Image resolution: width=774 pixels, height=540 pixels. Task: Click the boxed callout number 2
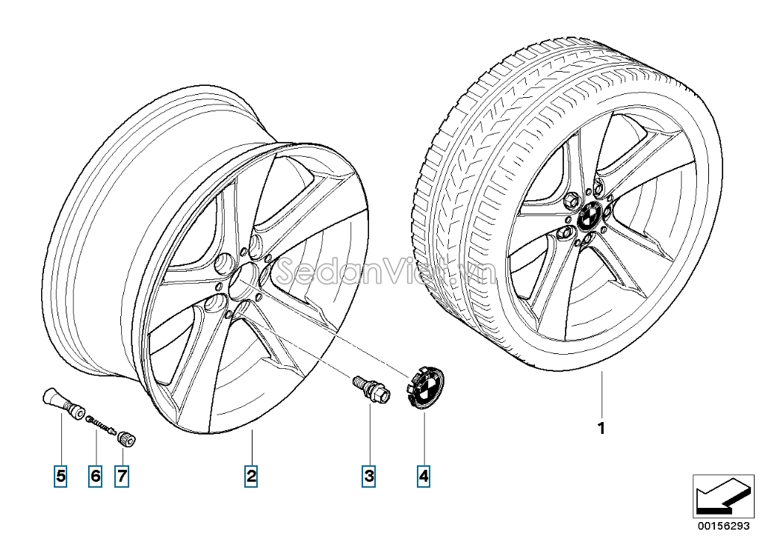(251, 476)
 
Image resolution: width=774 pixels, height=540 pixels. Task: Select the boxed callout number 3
(368, 476)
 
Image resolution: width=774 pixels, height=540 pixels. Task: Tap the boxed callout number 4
(424, 476)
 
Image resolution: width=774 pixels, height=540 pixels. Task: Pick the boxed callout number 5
(60, 476)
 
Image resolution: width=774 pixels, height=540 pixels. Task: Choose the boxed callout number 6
(95, 476)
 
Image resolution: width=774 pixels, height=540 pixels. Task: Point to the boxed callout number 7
(122, 476)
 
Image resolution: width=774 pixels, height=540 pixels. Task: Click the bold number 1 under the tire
(601, 429)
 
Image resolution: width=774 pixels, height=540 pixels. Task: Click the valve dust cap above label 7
(126, 438)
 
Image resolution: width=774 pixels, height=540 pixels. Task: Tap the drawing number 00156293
(722, 526)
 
